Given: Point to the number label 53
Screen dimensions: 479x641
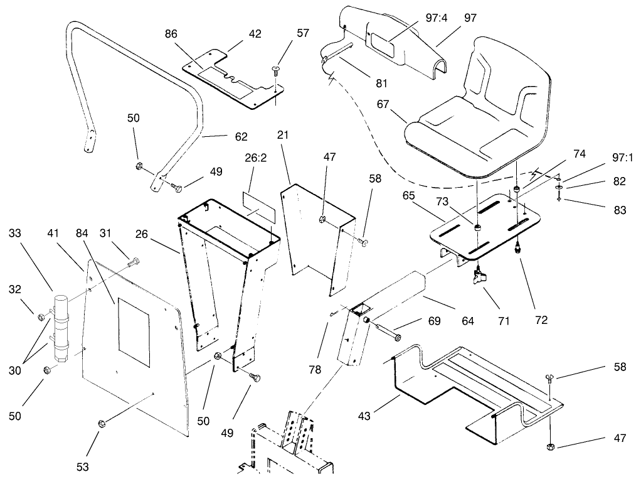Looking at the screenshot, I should coord(83,466).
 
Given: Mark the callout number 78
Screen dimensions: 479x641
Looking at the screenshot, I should coord(315,370).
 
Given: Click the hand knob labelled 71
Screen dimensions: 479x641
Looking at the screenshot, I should coord(481,276).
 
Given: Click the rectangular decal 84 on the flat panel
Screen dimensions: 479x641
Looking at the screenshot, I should coord(133,333).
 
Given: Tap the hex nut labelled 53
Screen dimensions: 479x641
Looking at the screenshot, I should coord(100,425).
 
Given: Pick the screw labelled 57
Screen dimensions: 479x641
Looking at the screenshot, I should coord(275,73).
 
